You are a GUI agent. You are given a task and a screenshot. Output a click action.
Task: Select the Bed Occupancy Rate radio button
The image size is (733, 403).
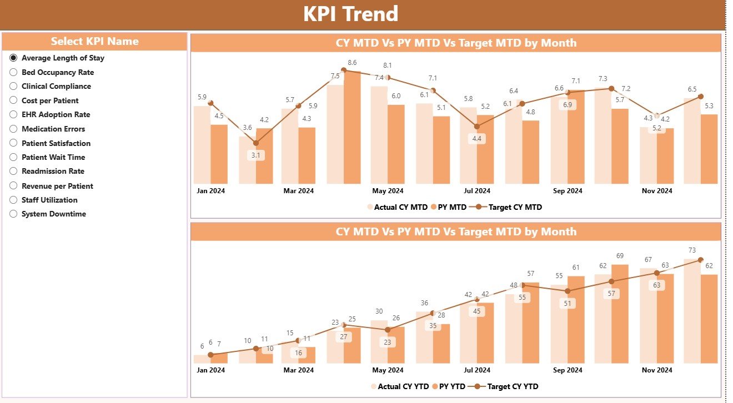pyautogui.click(x=14, y=72)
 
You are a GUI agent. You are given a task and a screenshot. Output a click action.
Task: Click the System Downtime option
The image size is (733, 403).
pyautogui.click(x=14, y=214)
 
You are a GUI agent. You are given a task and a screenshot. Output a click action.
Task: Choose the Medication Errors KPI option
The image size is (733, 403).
pyautogui.click(x=14, y=129)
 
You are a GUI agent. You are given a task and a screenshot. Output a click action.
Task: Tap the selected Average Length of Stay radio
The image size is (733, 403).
pyautogui.click(x=14, y=58)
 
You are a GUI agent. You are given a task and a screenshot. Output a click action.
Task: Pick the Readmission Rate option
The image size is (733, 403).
pyautogui.click(x=14, y=171)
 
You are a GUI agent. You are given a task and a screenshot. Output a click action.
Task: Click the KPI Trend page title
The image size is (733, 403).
pyautogui.click(x=350, y=14)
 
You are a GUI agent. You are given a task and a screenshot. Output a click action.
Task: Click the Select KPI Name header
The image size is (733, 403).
pyautogui.click(x=94, y=42)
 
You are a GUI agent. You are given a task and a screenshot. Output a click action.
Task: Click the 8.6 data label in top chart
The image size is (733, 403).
pyautogui.click(x=352, y=62)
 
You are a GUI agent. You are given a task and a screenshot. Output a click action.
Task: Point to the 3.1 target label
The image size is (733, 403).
pyautogui.click(x=256, y=155)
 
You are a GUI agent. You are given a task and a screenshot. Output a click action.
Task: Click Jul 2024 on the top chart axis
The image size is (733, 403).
pyautogui.click(x=477, y=191)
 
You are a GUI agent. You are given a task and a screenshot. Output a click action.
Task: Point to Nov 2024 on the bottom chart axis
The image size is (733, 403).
pyautogui.click(x=657, y=370)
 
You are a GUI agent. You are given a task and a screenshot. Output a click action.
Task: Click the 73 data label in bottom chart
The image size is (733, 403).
pyautogui.click(x=692, y=250)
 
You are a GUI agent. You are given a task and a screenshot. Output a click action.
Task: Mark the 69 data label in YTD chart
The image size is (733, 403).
pyautogui.click(x=620, y=256)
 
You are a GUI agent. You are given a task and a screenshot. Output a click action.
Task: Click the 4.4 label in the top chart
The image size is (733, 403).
pyautogui.click(x=477, y=139)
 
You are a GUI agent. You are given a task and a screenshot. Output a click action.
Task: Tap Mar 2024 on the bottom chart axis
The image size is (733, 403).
pyautogui.click(x=298, y=370)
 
